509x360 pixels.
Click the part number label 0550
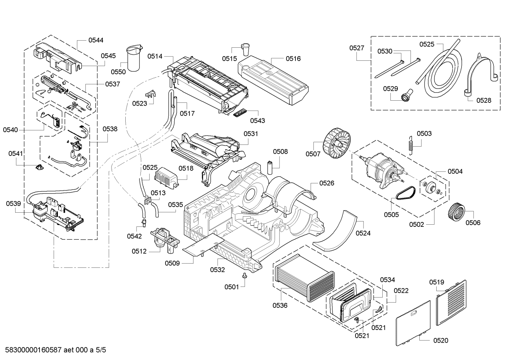click(118, 72)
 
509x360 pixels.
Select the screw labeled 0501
click(244, 276)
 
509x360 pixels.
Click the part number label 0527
click(357, 48)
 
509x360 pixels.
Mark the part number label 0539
click(13, 204)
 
